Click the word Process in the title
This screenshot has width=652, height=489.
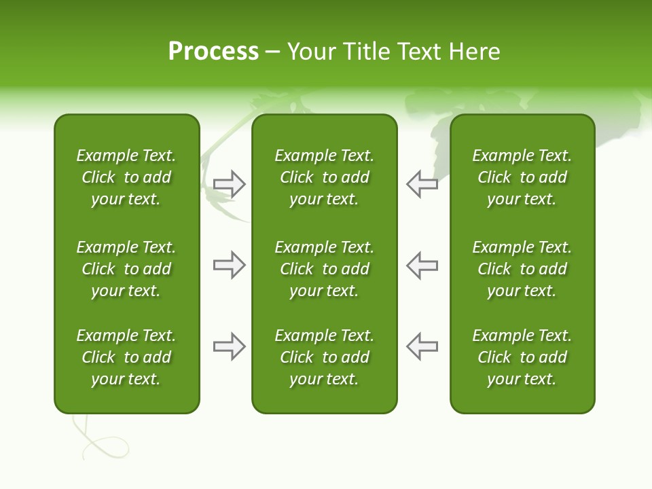[213, 52]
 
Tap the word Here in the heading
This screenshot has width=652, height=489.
[473, 52]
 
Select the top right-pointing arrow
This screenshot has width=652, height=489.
[230, 184]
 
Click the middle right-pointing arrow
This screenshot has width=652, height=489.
[230, 265]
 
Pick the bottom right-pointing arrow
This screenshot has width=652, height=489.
[230, 346]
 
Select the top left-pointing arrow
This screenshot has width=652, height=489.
[422, 184]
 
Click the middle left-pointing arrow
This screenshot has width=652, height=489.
[422, 265]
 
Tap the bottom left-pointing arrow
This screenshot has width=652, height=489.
[422, 346]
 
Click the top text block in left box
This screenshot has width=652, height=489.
[126, 177]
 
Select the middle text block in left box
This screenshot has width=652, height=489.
[126, 269]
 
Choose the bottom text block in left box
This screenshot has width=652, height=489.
[126, 357]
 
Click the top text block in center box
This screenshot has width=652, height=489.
[324, 177]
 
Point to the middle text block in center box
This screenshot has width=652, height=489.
[324, 269]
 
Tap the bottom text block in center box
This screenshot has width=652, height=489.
[324, 357]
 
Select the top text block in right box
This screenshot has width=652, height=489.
[522, 177]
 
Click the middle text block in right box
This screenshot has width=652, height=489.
[522, 269]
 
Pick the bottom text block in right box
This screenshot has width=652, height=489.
[522, 357]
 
